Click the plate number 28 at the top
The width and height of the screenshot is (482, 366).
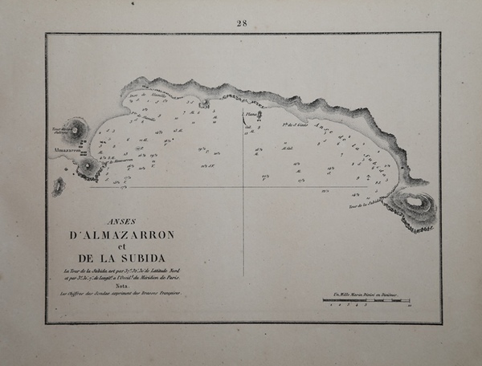242,22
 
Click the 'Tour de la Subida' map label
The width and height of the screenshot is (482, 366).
366,205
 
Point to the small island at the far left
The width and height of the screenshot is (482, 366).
59,186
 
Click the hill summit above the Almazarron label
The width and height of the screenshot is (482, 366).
77,128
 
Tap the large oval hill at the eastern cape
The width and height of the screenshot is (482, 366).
415,203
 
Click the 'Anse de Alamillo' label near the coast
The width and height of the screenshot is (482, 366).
141,96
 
